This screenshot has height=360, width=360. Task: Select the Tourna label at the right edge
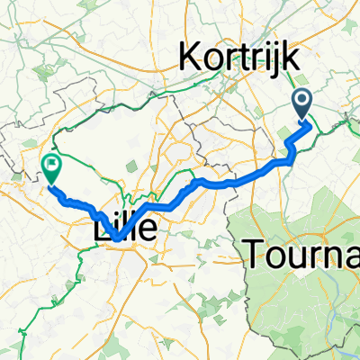pos(302,256)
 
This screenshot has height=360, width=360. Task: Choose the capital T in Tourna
pos(256,256)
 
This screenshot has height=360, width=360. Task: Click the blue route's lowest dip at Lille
pos(117,238)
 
